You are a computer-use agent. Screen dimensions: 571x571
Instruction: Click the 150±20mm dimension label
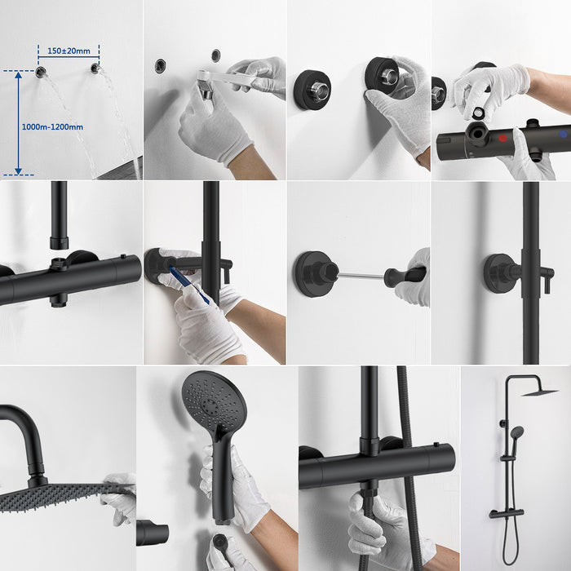click(x=68, y=51)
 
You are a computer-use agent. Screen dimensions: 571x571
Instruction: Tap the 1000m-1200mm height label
click(x=55, y=126)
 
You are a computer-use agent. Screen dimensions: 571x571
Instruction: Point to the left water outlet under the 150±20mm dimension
click(x=41, y=72)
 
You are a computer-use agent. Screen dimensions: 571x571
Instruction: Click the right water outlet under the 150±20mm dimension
click(x=96, y=69)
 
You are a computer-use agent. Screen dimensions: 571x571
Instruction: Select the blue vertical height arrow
click(x=18, y=122)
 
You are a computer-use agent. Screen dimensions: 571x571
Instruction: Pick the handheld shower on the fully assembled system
click(x=516, y=434)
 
